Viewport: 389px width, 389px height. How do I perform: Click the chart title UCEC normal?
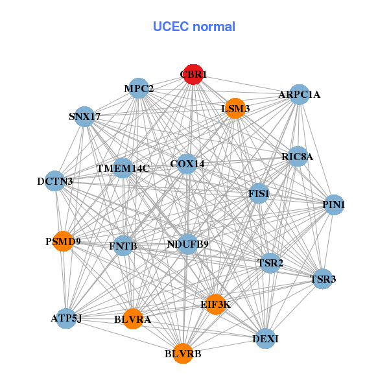[x=194, y=27]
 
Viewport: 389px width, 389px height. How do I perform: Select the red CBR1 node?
[x=193, y=75]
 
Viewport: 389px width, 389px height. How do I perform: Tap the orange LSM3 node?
[x=235, y=108]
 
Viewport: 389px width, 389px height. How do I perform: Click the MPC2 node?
[x=139, y=88]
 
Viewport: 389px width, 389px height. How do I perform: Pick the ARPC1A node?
[x=299, y=95]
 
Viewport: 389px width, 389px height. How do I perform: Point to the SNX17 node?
[x=85, y=117]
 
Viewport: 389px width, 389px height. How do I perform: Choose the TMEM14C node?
[x=123, y=168]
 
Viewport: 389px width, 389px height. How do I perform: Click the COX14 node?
[x=187, y=164]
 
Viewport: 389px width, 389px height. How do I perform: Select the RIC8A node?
[x=298, y=156]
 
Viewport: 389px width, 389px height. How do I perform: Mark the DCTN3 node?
[x=55, y=181]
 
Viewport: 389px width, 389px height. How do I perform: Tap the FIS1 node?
[x=259, y=193]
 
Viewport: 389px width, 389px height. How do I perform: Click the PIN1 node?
[x=333, y=205]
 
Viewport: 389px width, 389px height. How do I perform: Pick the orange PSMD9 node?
[x=63, y=242]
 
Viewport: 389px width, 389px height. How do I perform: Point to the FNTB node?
[x=123, y=246]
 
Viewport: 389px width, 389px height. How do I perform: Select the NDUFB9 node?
[x=187, y=244]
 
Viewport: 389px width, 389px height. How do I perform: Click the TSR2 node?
[x=270, y=263]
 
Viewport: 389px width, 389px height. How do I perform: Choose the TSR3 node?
[x=323, y=279]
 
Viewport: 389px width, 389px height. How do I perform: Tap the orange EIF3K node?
[x=215, y=303]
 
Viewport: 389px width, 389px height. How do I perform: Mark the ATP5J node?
[x=66, y=318]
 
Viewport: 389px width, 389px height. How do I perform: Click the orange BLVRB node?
[x=183, y=353]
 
